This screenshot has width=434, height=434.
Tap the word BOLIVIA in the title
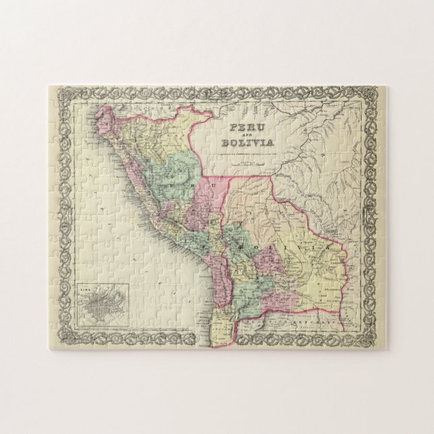tap(247, 142)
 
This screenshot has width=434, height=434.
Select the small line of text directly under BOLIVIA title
tap(247, 150)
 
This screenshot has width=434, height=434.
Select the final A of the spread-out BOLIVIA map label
tap(330, 251)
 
